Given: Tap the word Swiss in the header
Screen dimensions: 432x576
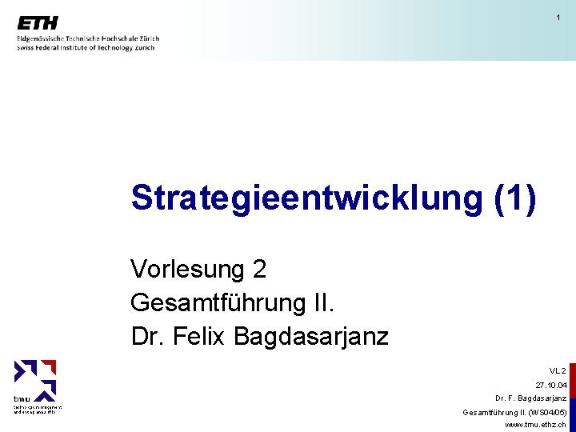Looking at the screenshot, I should click(26, 48).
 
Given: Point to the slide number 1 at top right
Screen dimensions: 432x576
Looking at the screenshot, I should click(558, 18).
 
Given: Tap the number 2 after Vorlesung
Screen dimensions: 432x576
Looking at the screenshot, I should click(259, 270).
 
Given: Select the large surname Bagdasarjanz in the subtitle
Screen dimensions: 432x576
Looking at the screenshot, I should click(311, 337).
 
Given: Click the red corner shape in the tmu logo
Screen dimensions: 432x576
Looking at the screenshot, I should click(49, 368).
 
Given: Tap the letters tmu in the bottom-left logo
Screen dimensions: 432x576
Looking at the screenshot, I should click(22, 398).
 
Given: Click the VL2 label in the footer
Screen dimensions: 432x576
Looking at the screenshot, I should click(558, 371).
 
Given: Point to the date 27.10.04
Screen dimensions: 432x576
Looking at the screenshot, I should click(551, 385).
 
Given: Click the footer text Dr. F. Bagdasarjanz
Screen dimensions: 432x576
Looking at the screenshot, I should click(531, 398).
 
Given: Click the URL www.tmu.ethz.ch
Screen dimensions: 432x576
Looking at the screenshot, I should click(536, 425).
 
